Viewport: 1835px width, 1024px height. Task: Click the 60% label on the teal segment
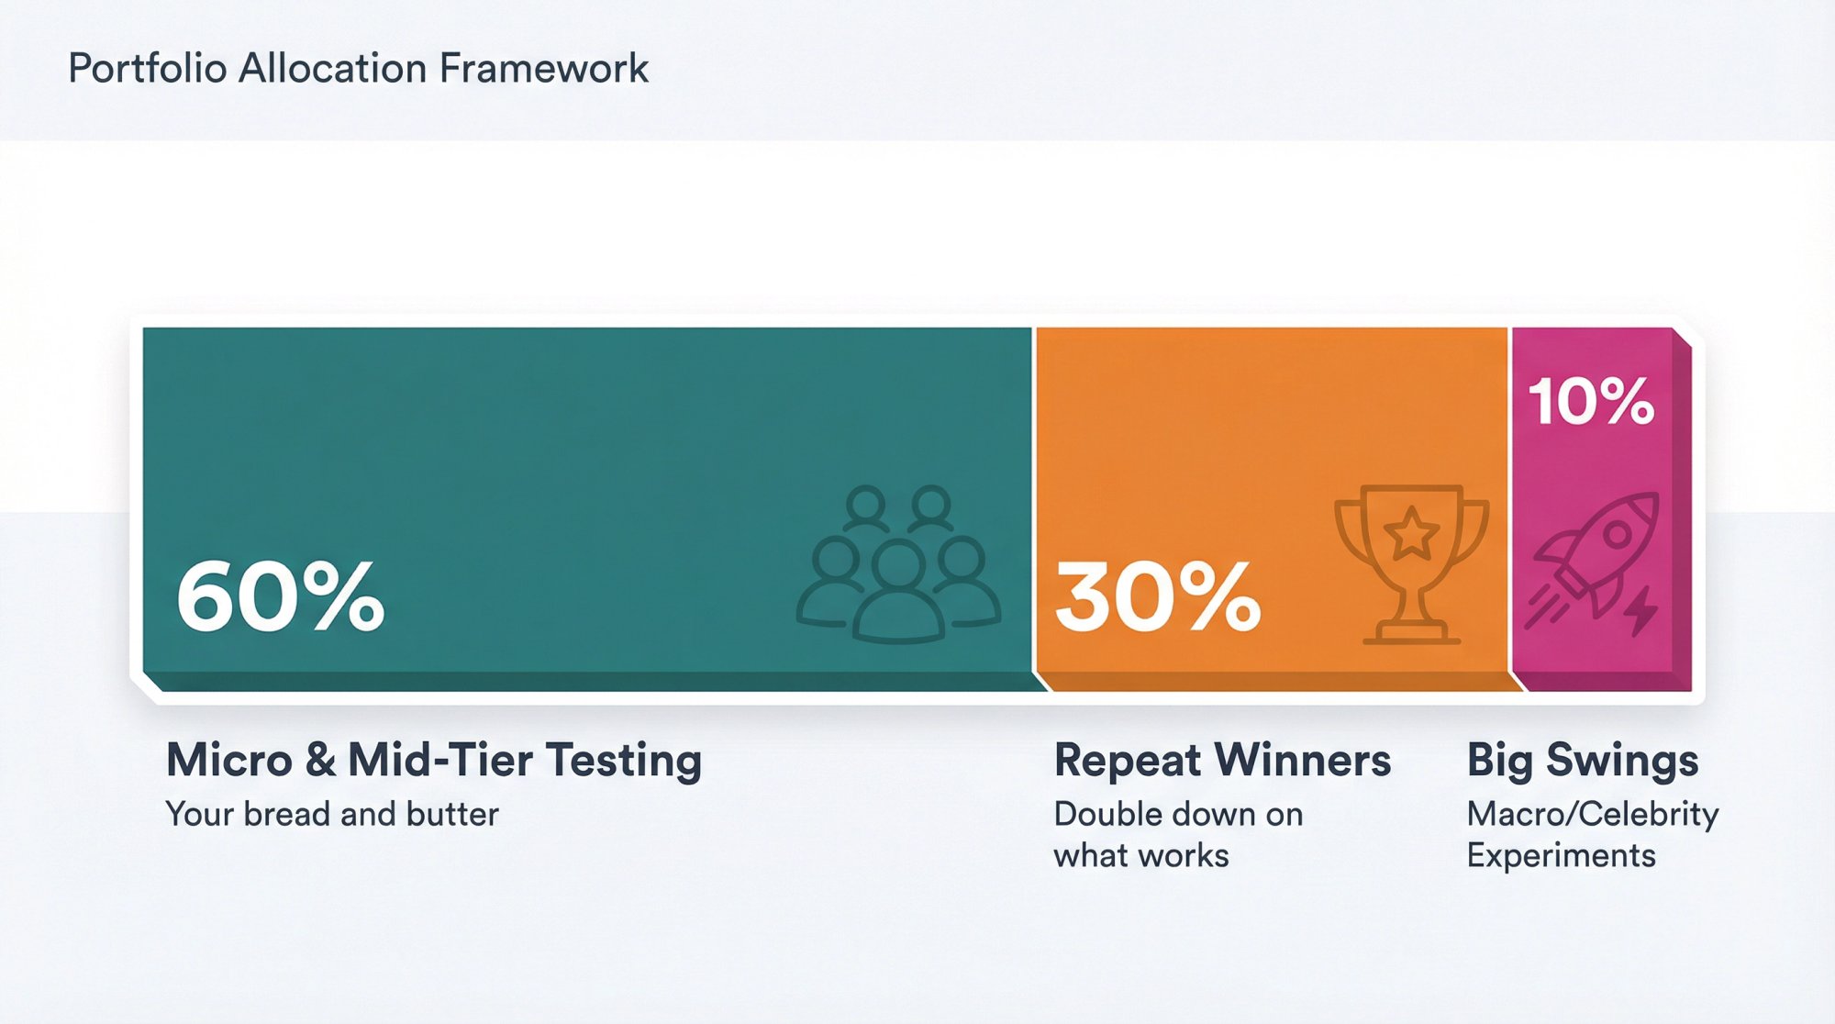click(280, 596)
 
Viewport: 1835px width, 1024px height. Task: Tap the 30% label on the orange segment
click(1158, 596)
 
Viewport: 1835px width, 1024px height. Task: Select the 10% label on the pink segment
click(1591, 402)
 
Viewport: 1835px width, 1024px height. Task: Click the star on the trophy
click(1411, 533)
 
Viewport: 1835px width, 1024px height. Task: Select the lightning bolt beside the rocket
click(1642, 609)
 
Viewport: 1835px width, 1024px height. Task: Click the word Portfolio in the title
click(148, 69)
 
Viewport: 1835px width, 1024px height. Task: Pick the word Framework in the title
click(543, 69)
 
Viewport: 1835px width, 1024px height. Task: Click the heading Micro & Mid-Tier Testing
click(434, 760)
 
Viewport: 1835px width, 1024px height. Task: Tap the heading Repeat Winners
click(1222, 760)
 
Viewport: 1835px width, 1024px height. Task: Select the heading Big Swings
click(1583, 760)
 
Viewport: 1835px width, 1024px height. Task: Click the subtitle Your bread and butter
click(332, 814)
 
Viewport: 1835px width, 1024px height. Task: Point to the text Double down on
click(1178, 814)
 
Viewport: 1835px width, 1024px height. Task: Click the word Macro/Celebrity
click(1593, 814)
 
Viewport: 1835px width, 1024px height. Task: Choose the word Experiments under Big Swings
click(1562, 855)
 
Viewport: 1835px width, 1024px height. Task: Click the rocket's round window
click(1617, 533)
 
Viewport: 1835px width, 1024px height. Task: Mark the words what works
click(1141, 855)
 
